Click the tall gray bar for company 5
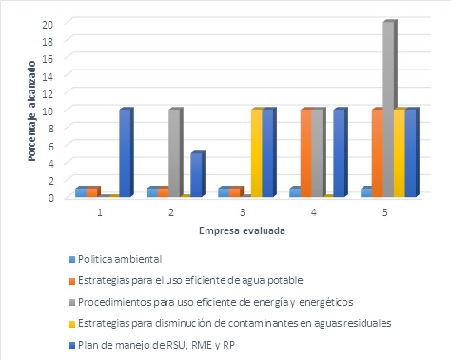pos(388,108)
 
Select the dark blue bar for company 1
pos(125,152)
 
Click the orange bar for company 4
pos(305,152)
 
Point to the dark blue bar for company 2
pos(196,173)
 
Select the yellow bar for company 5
pos(400,152)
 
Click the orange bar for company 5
pos(377,152)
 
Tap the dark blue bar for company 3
pos(268,152)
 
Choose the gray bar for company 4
pos(317,152)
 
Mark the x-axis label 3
pos(243,211)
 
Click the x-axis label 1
pos(100,211)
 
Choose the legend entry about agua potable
pos(186,278)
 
